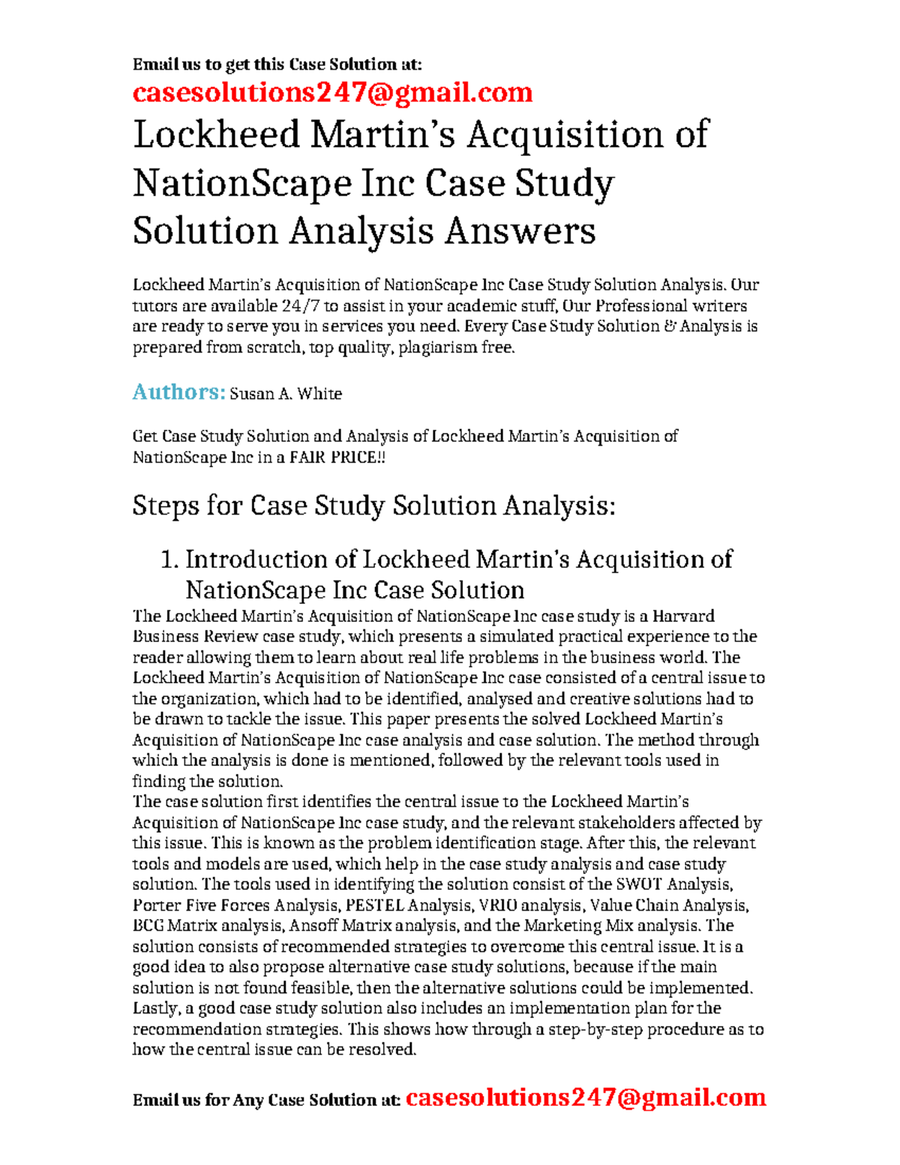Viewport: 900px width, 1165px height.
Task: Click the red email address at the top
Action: (x=332, y=92)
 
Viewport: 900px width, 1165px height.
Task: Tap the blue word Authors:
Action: (x=178, y=392)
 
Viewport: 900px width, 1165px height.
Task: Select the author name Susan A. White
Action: (x=286, y=394)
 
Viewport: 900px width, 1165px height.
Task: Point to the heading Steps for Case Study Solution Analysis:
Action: (x=373, y=506)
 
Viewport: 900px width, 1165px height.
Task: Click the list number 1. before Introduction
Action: (x=170, y=560)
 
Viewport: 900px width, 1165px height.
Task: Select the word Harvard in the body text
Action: (x=683, y=616)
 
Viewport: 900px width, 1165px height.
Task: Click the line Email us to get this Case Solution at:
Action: (x=277, y=65)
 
